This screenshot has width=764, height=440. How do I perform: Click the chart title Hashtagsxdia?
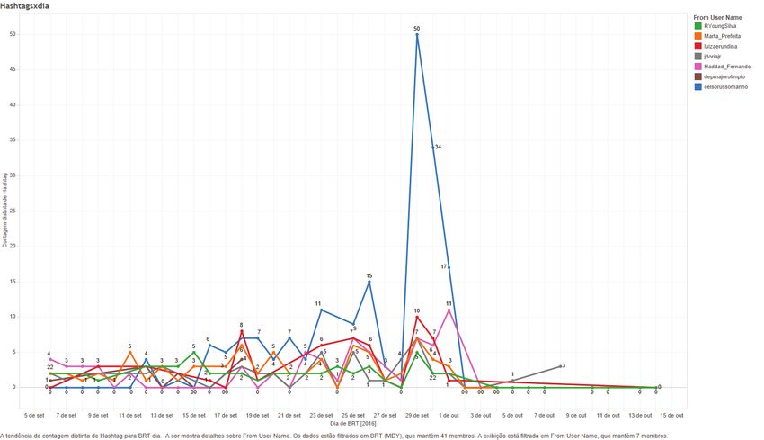point(24,5)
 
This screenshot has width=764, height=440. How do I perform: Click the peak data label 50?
point(416,29)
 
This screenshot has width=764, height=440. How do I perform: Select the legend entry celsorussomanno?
point(726,86)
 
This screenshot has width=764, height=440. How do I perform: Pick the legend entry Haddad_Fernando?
point(726,67)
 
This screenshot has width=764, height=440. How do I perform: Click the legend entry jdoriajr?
point(715,57)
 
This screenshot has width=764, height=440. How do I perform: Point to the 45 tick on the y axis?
point(38,69)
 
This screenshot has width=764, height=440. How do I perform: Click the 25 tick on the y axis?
point(38,211)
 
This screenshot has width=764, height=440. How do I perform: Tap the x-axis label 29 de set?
point(416,415)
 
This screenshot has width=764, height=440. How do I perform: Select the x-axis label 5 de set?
point(35,415)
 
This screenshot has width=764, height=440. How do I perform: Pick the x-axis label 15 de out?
point(671,415)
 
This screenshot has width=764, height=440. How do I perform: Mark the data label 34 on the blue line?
point(438,147)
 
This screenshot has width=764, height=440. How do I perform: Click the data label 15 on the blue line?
point(369,276)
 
